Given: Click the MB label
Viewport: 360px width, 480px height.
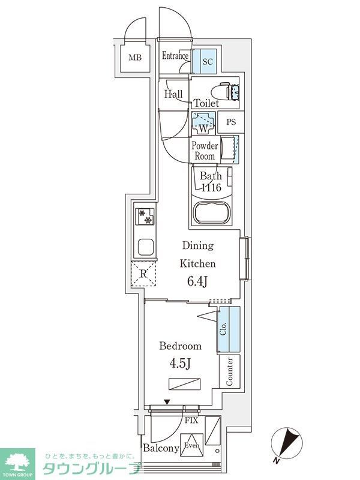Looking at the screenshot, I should click(135, 58).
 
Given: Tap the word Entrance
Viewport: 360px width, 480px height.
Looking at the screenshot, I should click(175, 57).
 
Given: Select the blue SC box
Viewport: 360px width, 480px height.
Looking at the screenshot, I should click(207, 61).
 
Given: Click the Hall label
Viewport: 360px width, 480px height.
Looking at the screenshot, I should click(173, 94).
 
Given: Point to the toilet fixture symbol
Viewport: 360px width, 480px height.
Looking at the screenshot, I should click(229, 91).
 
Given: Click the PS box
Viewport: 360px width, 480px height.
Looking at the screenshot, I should click(231, 123).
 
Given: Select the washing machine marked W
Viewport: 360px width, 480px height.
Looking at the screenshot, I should click(203, 124).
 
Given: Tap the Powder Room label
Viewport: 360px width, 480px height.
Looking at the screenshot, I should click(203, 151).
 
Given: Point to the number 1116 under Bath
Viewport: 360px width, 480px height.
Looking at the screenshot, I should click(211, 188).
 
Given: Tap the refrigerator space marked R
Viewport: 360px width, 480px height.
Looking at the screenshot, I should click(144, 275).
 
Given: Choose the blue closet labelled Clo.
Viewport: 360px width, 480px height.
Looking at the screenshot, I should click(229, 329).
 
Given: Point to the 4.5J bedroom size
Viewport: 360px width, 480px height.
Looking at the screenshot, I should click(179, 364).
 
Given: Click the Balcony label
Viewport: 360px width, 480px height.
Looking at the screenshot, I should click(161, 448).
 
